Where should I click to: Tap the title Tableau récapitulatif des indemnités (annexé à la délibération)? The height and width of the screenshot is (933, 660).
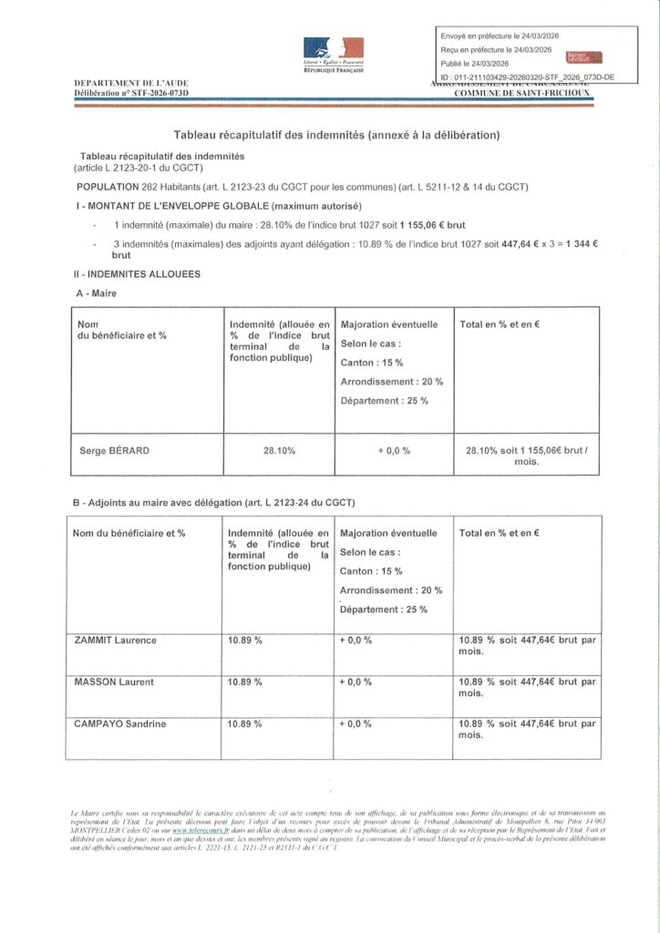coord(337,135)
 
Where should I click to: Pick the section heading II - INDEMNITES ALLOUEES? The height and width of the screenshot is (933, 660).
coord(139,273)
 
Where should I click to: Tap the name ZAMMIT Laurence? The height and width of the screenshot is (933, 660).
coord(115,641)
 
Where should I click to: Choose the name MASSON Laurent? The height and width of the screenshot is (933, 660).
coord(114,682)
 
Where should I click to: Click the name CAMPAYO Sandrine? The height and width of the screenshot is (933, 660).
coord(119,723)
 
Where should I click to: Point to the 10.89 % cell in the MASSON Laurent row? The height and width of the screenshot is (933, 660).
coord(245,682)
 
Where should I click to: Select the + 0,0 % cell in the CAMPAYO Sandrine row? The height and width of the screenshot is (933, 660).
coord(356,723)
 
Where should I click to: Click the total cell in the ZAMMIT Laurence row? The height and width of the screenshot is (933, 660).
coord(528,646)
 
